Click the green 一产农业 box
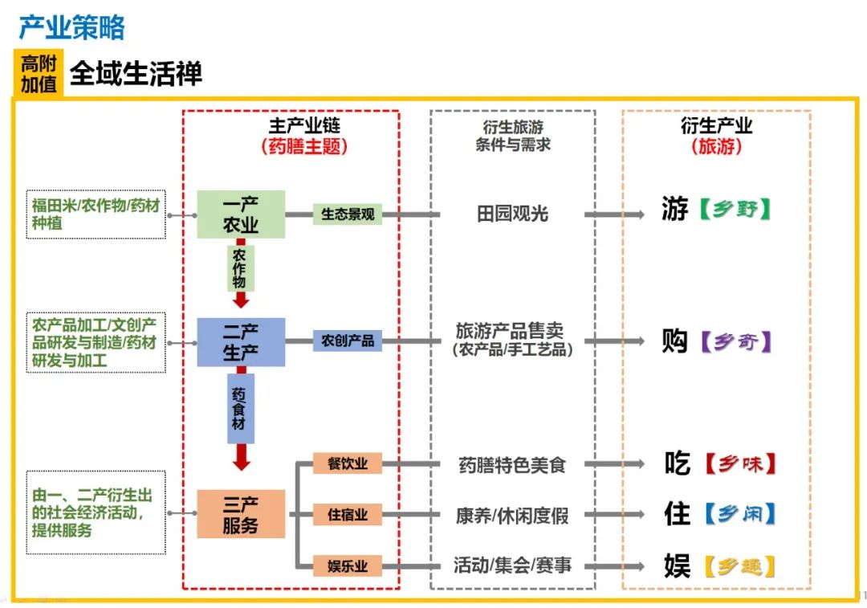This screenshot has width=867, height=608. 241,214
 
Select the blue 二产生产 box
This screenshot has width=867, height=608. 241,341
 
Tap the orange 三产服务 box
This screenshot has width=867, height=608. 241,514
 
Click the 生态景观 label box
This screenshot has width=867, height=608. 348,214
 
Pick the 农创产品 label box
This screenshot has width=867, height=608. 348,341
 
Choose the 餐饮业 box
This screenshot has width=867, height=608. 348,463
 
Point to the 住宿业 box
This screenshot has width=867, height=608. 348,515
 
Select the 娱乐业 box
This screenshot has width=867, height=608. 348,566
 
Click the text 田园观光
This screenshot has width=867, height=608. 512,214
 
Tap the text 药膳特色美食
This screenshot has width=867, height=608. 512,465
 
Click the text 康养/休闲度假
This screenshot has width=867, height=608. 512,516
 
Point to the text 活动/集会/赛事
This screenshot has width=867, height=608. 512,566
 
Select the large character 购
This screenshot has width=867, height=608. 675,341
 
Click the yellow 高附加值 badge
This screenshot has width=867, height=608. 39,74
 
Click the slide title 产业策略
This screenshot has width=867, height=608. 71,28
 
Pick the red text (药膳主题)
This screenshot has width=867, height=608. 304,147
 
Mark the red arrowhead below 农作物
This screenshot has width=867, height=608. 241,301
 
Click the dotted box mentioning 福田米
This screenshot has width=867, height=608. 96,214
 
